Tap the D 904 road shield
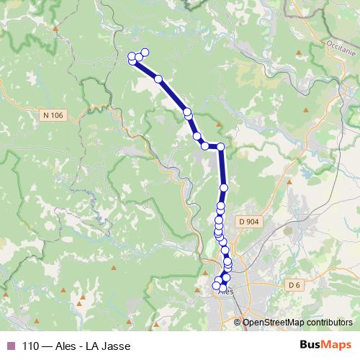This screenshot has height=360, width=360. tap(248, 222)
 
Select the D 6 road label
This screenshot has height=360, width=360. tap(293, 286)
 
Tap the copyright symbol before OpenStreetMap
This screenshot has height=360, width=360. tap(238, 322)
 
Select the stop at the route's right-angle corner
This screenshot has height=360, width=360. tap(221, 146)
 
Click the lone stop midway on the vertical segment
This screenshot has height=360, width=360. tap(223, 187)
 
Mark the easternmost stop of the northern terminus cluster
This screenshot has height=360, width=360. tap(145, 52)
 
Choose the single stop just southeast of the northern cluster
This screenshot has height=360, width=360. tap(158, 78)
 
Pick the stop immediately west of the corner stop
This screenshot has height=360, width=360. tap(205, 146)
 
